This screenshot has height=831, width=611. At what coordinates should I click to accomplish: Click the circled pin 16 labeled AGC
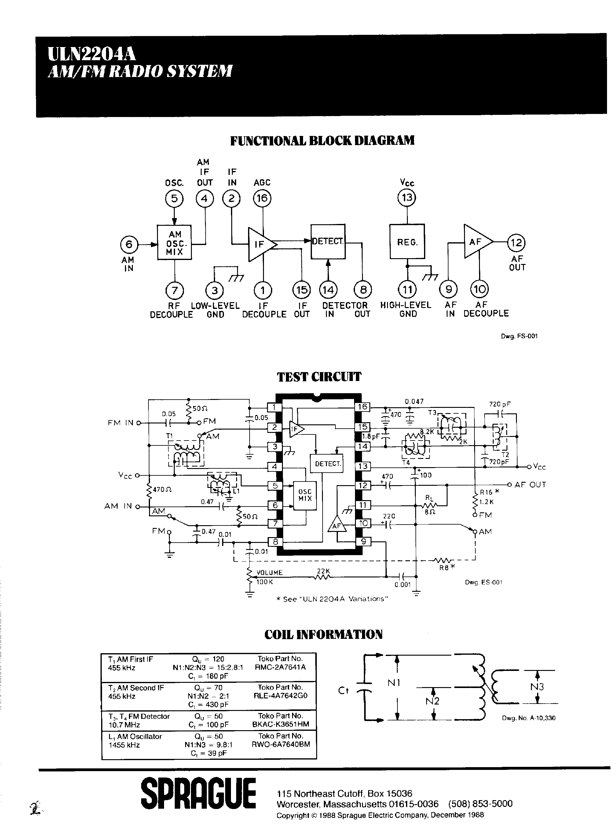(x=262, y=198)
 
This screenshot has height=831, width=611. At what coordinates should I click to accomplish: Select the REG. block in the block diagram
(x=407, y=242)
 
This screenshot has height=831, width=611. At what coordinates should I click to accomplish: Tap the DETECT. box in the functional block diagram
(x=328, y=241)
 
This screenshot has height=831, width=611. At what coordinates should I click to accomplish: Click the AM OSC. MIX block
(x=174, y=242)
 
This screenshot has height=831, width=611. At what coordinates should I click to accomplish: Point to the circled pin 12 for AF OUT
(x=516, y=243)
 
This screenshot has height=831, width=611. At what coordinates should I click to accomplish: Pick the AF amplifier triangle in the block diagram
(x=476, y=242)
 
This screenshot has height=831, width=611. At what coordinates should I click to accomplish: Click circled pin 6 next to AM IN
(x=129, y=244)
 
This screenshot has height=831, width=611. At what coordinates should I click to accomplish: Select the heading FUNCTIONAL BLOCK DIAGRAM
(x=322, y=141)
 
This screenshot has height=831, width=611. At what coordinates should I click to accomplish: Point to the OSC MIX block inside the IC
(x=305, y=495)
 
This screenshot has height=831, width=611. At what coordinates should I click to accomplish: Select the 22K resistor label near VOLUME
(x=323, y=571)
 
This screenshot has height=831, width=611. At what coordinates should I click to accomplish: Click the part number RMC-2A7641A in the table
(x=280, y=667)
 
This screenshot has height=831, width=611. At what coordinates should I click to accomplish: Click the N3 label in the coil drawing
(x=537, y=687)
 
